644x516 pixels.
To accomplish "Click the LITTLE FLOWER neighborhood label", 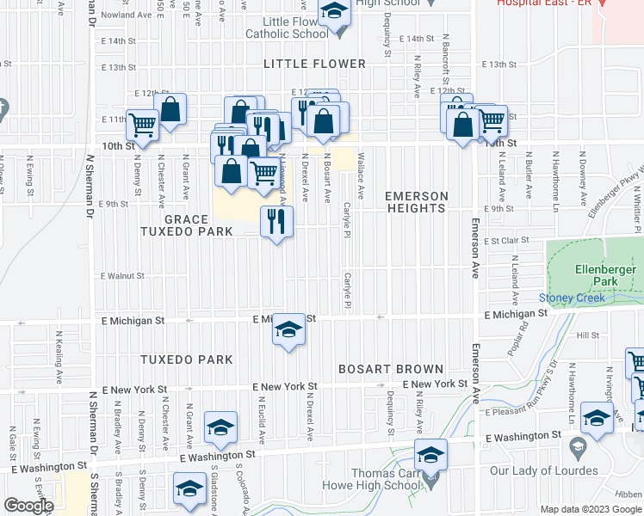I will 314,64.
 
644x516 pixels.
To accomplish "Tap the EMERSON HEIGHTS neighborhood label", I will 417,203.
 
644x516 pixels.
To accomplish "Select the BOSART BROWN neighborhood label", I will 390,369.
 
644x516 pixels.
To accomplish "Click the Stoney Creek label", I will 567,298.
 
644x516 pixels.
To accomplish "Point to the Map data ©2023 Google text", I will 590,509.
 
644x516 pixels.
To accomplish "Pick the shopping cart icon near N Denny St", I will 143,126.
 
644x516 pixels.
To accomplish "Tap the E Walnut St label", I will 121,276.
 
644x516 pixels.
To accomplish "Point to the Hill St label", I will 588,336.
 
